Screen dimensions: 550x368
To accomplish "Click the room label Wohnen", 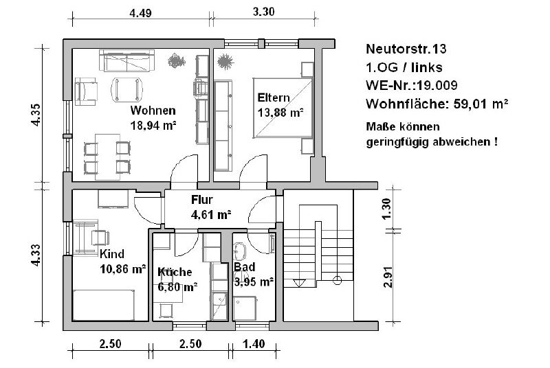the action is point(153,111).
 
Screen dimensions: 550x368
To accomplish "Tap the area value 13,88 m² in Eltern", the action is point(280,113).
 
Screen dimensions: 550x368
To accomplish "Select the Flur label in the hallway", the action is point(202,200).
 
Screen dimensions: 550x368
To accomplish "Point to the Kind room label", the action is point(112,253).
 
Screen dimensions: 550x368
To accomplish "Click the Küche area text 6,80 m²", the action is point(177,287).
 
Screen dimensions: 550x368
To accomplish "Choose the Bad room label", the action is point(245,267).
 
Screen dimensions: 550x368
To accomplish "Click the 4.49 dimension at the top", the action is point(141,13).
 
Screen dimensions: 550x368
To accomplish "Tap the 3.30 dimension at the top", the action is point(263,12).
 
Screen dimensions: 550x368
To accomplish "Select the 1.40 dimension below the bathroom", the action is point(254,344).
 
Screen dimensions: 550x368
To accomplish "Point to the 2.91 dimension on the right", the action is point(387,277).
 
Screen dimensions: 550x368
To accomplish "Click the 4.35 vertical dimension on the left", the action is point(36,115).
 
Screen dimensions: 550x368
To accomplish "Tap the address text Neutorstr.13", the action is point(406,49).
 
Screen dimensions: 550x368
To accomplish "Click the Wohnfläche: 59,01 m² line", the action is point(437,104).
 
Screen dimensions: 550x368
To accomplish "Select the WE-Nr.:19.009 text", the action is point(411,85).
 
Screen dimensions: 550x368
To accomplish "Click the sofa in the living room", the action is point(127,60).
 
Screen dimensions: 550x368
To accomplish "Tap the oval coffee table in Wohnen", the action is point(127,90).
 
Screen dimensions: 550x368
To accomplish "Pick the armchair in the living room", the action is point(85,91).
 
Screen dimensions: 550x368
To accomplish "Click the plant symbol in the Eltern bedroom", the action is point(225,62).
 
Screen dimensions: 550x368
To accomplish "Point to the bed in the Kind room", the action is point(104,305).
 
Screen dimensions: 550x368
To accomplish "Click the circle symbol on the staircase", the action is point(337,280).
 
